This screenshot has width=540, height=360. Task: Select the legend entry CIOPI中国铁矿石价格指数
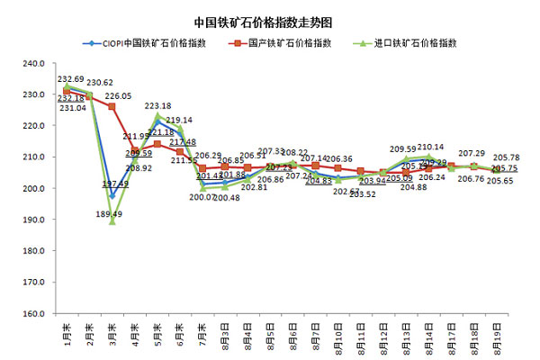click(x=152, y=42)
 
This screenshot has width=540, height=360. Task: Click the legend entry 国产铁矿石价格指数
click(x=285, y=42)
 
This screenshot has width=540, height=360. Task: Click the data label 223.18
click(x=158, y=106)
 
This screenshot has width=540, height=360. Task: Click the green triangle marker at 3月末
click(x=112, y=221)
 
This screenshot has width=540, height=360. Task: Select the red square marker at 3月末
click(x=112, y=107)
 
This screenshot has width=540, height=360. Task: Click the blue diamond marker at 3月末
click(x=112, y=196)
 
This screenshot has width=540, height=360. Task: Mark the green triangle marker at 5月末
click(x=157, y=116)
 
